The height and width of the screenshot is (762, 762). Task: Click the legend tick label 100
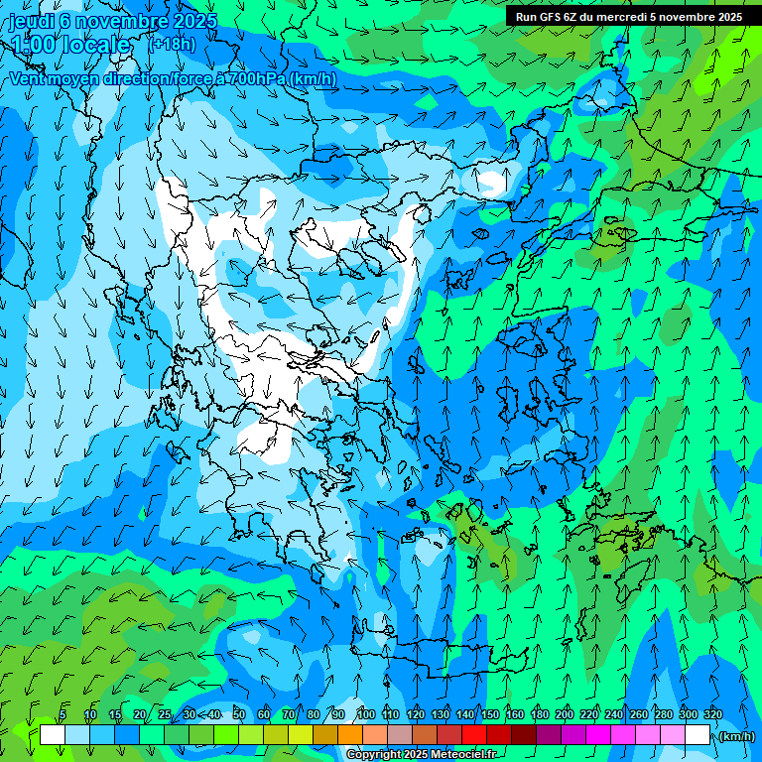365,714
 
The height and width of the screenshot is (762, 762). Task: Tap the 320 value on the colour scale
712,714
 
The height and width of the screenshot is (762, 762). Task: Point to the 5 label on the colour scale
63,714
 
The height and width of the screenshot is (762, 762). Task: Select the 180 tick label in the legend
539,714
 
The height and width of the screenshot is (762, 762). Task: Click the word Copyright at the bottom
373,755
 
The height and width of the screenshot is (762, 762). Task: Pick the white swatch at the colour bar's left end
52,734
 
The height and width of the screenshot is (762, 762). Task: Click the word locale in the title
97,45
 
